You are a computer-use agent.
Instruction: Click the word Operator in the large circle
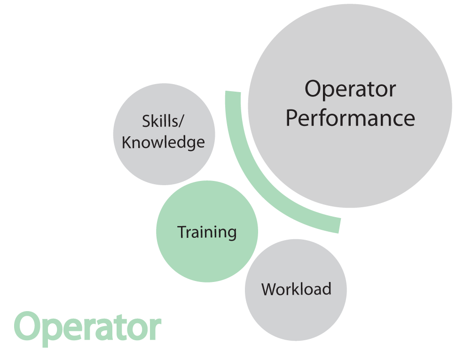(x=350, y=89)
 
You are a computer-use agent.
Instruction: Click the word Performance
(x=350, y=118)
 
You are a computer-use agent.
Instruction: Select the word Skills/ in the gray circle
(x=163, y=121)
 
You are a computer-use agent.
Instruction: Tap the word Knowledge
(x=163, y=142)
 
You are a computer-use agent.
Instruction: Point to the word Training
(x=207, y=232)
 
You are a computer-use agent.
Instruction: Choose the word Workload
(x=296, y=289)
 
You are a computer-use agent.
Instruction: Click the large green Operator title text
(x=87, y=329)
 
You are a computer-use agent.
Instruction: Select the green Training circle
(x=207, y=232)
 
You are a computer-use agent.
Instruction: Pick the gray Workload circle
(x=296, y=290)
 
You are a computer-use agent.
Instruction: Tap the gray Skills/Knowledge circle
(x=164, y=134)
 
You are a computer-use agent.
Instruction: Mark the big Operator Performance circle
(x=350, y=106)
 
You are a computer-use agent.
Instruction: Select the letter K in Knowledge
(x=127, y=142)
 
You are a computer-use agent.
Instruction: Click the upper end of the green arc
(x=233, y=92)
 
